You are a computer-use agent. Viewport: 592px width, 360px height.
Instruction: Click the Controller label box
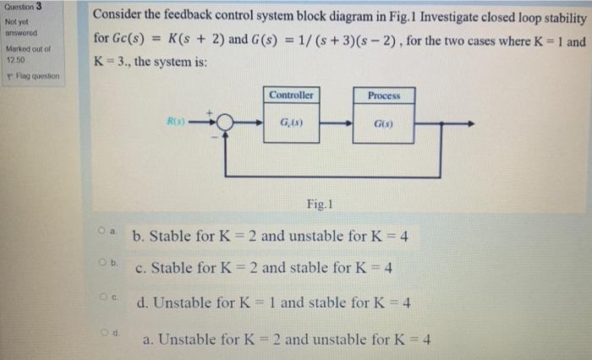coord(293,95)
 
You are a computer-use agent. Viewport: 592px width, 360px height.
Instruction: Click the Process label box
coord(390,95)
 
